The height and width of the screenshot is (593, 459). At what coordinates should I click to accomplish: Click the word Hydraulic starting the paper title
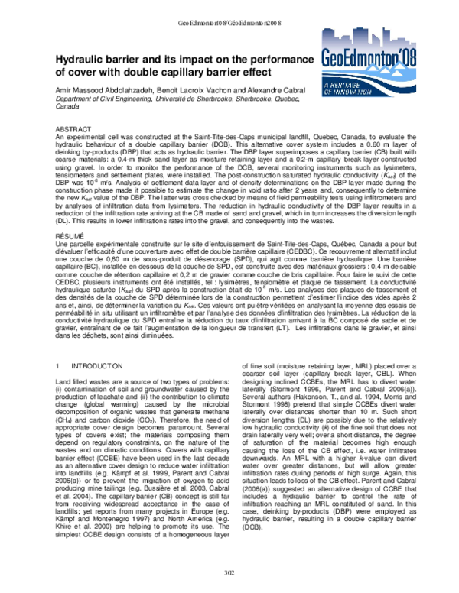point(83,60)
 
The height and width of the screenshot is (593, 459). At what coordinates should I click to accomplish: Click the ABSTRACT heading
point(75,131)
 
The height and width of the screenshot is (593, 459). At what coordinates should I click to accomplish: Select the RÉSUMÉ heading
point(73,239)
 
